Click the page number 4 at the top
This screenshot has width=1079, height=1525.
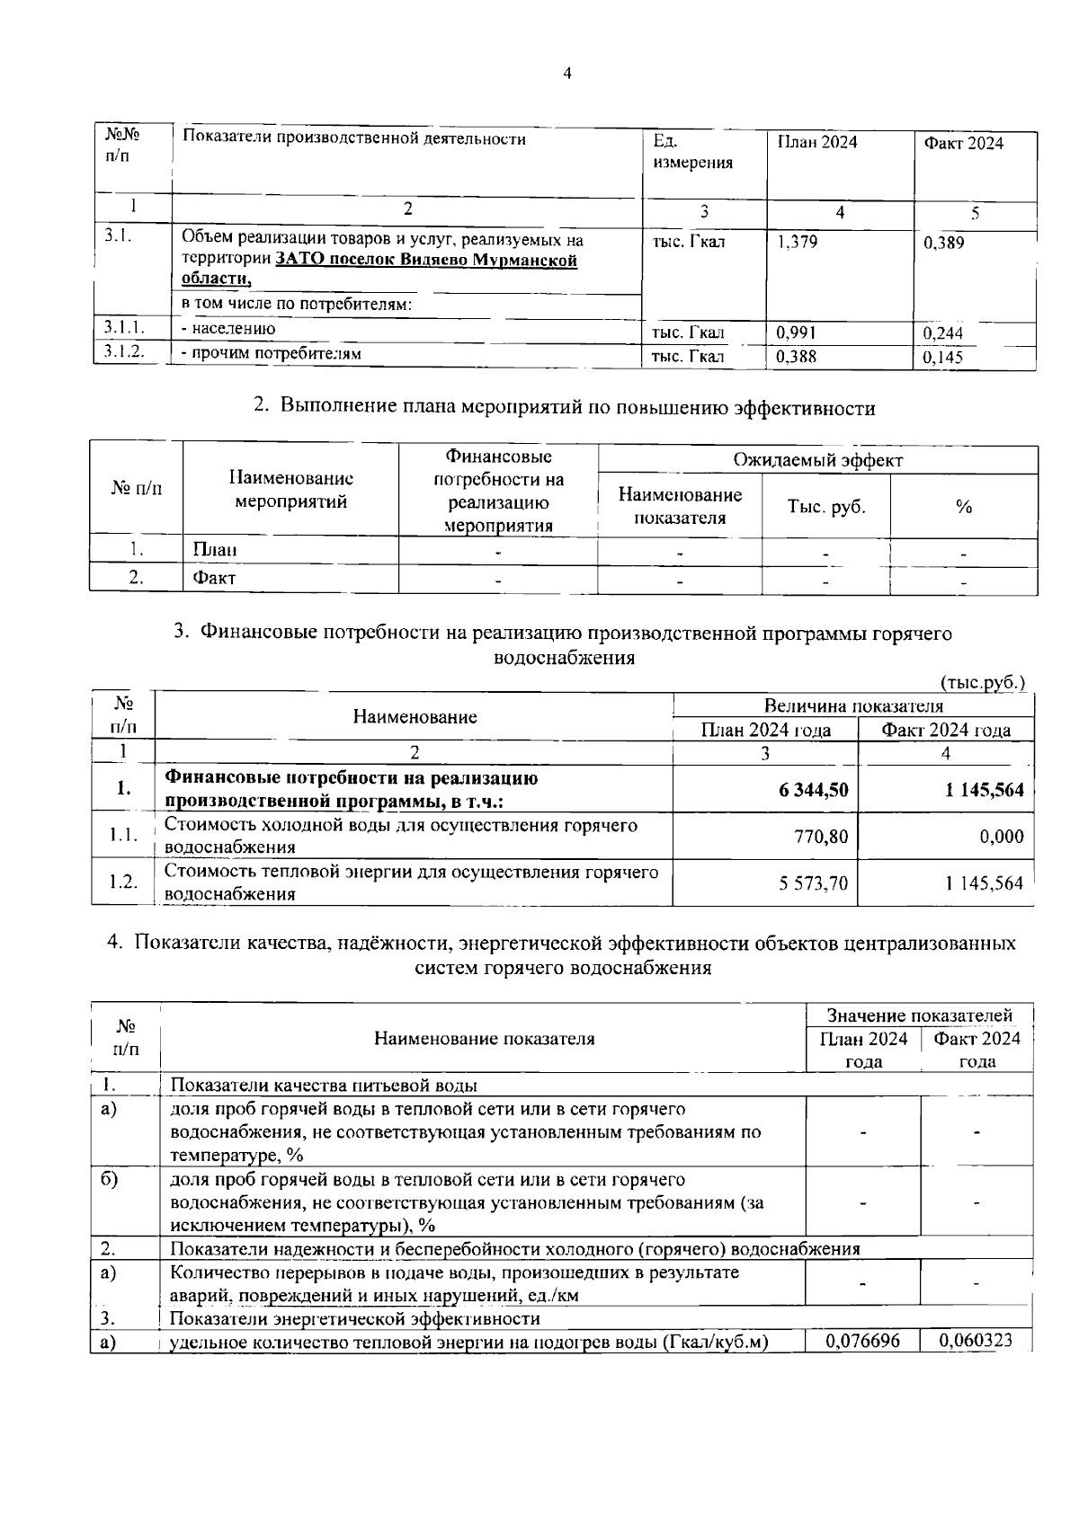(566, 74)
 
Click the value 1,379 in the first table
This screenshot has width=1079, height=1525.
(797, 242)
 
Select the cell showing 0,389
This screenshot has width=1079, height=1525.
(944, 243)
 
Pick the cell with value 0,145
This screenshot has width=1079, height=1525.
(943, 358)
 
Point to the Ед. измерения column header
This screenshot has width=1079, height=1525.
(692, 152)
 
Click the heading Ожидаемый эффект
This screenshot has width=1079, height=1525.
(817, 461)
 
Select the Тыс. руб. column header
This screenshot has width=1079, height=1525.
(826, 506)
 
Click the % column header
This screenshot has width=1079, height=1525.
(964, 507)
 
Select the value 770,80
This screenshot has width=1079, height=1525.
(821, 836)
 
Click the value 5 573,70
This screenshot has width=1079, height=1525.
(813, 883)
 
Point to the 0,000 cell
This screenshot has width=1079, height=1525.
(1001, 836)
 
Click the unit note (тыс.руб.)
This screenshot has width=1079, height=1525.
(982, 682)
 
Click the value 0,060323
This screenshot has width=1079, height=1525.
(976, 1340)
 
